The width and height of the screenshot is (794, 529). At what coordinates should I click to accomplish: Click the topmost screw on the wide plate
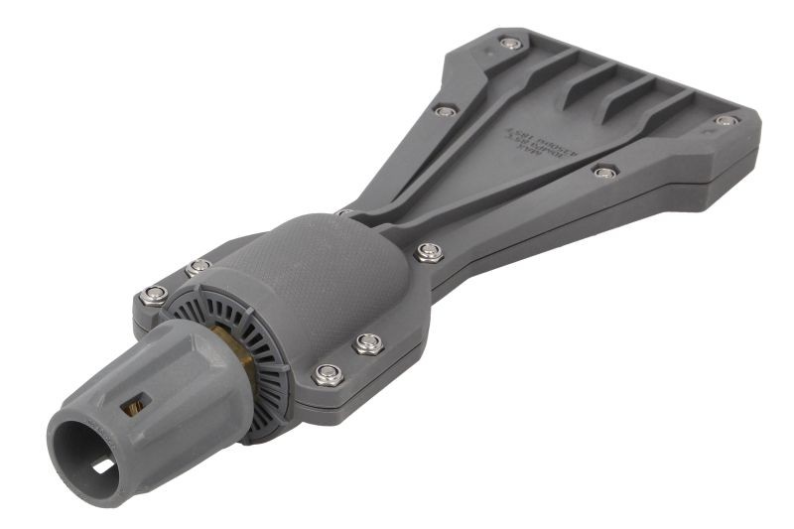510,43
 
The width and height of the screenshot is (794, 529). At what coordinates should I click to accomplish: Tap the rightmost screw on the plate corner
726,121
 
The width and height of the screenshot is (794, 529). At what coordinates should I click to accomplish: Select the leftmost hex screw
153,295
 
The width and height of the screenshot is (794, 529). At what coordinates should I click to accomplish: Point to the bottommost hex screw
328,374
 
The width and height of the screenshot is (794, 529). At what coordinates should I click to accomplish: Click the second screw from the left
198,267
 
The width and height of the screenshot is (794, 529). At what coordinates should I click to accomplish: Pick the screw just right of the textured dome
429,251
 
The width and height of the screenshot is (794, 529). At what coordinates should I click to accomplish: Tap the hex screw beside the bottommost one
368,343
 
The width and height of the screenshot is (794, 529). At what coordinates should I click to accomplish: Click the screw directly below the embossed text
603,172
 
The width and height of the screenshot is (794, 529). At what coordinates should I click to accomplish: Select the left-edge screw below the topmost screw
446,110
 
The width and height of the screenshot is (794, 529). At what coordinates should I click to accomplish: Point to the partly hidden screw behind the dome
344,211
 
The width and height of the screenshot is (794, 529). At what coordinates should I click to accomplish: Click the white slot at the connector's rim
103,466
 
